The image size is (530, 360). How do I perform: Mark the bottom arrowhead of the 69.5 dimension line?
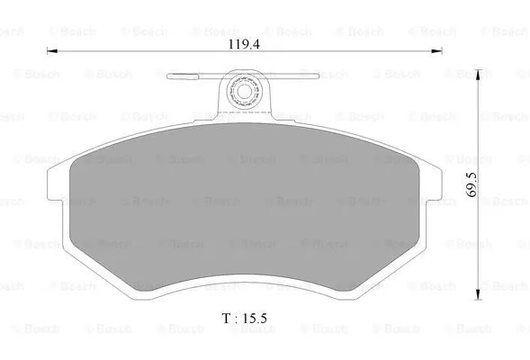click(476, 296)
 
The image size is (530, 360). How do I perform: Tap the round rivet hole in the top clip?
click(243, 91)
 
